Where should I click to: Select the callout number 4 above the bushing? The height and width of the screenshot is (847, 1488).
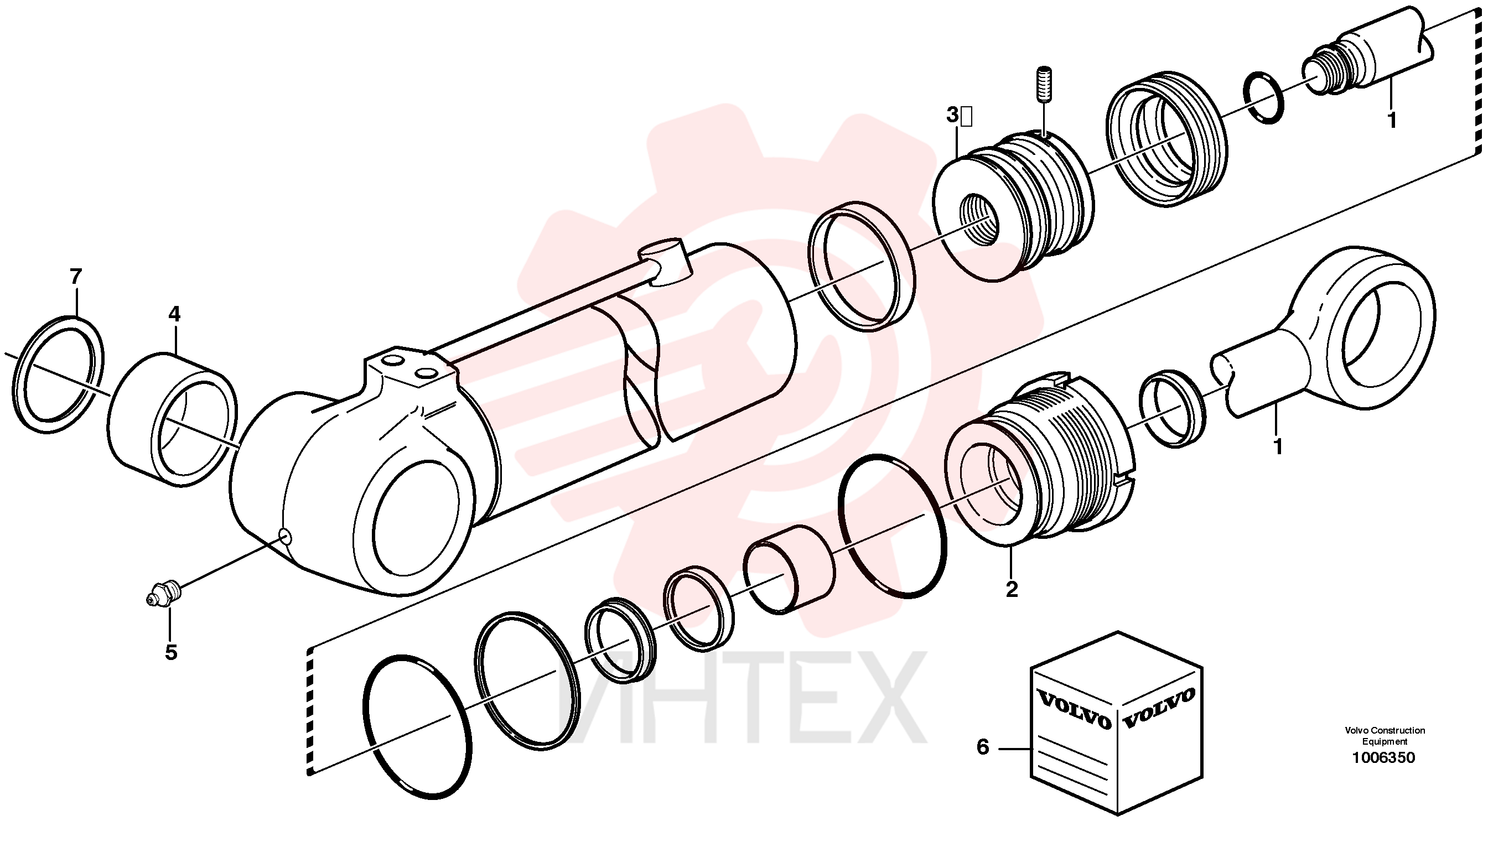[174, 315]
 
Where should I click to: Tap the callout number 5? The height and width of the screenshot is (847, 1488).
[170, 652]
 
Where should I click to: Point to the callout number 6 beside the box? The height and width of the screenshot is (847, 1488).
[982, 747]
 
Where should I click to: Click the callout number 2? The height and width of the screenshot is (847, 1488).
[1012, 589]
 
